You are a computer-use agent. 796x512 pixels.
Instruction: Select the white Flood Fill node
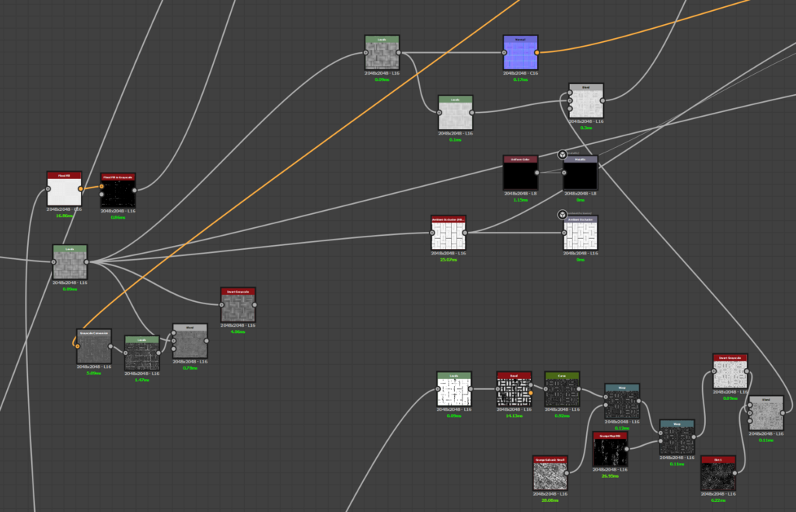click(64, 190)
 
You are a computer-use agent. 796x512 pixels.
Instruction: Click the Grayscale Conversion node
click(93, 347)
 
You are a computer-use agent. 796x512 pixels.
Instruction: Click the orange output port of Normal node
click(537, 52)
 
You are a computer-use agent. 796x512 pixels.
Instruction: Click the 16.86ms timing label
click(64, 216)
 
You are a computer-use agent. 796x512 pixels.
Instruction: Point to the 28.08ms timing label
click(551, 500)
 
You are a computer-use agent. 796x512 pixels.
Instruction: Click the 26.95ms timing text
click(609, 476)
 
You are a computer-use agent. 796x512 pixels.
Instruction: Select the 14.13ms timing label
click(514, 416)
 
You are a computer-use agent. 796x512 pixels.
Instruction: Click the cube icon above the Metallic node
click(561, 155)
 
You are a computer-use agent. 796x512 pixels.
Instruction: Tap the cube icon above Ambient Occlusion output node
click(561, 215)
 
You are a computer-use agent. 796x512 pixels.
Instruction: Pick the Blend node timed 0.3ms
click(586, 101)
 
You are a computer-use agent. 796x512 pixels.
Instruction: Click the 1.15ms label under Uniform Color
click(520, 199)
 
